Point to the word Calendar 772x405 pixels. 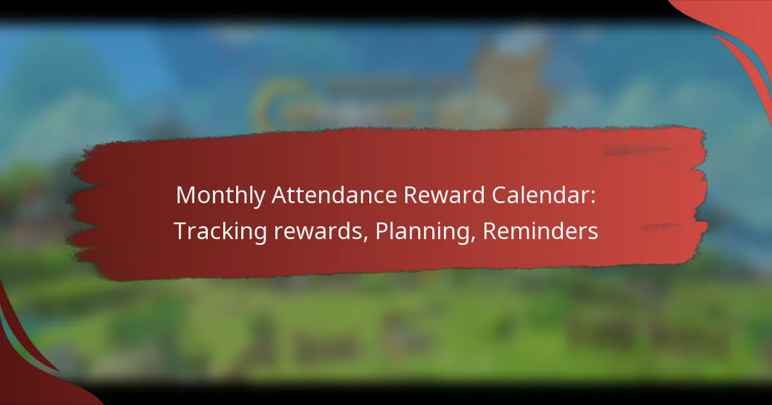547,196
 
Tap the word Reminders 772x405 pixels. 540,231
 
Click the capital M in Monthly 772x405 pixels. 185,196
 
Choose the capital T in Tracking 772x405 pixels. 179,231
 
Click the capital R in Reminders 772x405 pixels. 489,231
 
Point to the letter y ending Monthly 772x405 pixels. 259,199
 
